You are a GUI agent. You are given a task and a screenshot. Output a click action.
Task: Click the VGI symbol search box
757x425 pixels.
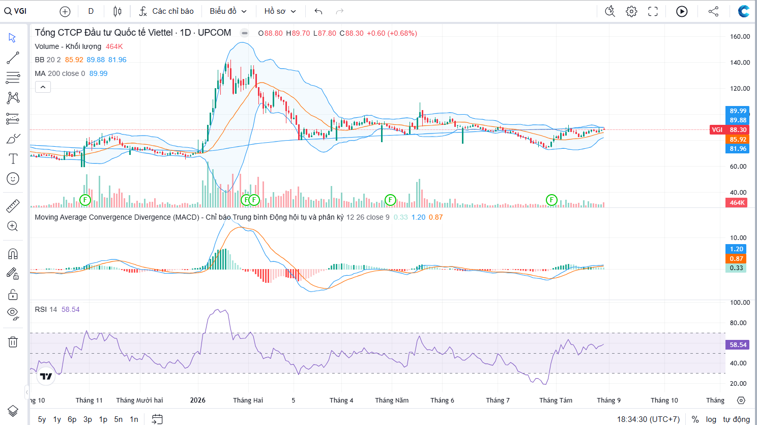(15, 11)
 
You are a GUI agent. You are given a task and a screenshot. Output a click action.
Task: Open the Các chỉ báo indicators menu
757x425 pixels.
(166, 11)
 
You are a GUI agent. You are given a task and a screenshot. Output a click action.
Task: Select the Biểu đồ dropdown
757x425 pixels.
(228, 11)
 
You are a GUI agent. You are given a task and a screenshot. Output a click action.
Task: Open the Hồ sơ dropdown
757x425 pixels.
(280, 11)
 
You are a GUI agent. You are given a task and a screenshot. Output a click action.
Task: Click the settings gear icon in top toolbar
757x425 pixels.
(631, 11)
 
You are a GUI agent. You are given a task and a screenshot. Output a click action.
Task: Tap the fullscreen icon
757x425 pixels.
(653, 11)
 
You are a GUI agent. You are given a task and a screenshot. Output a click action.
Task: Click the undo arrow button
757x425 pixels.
(318, 11)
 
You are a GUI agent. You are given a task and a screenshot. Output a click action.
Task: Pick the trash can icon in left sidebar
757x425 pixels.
(13, 342)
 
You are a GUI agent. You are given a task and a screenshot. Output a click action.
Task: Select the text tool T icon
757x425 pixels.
(13, 158)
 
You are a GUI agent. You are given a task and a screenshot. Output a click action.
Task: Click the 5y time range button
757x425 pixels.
(42, 419)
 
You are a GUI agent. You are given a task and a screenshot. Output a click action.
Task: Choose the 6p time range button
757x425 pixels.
(72, 419)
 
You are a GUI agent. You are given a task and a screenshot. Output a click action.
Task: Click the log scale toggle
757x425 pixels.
(711, 419)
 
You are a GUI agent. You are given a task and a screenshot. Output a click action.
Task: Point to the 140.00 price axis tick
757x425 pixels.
(740, 62)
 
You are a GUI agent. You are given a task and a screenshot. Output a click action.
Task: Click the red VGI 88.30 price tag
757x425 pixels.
(730, 130)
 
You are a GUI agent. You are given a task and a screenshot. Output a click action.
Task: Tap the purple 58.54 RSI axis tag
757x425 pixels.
(737, 345)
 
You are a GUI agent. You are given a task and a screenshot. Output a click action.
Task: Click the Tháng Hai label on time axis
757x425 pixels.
(248, 400)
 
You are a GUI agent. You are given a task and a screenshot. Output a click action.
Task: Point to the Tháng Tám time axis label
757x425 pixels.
(556, 400)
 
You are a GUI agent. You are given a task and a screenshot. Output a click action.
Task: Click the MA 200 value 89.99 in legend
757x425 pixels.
(98, 73)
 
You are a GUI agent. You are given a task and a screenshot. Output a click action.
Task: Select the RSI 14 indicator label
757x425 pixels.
(46, 309)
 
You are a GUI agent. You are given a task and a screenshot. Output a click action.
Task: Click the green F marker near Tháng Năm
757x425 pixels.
(390, 200)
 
